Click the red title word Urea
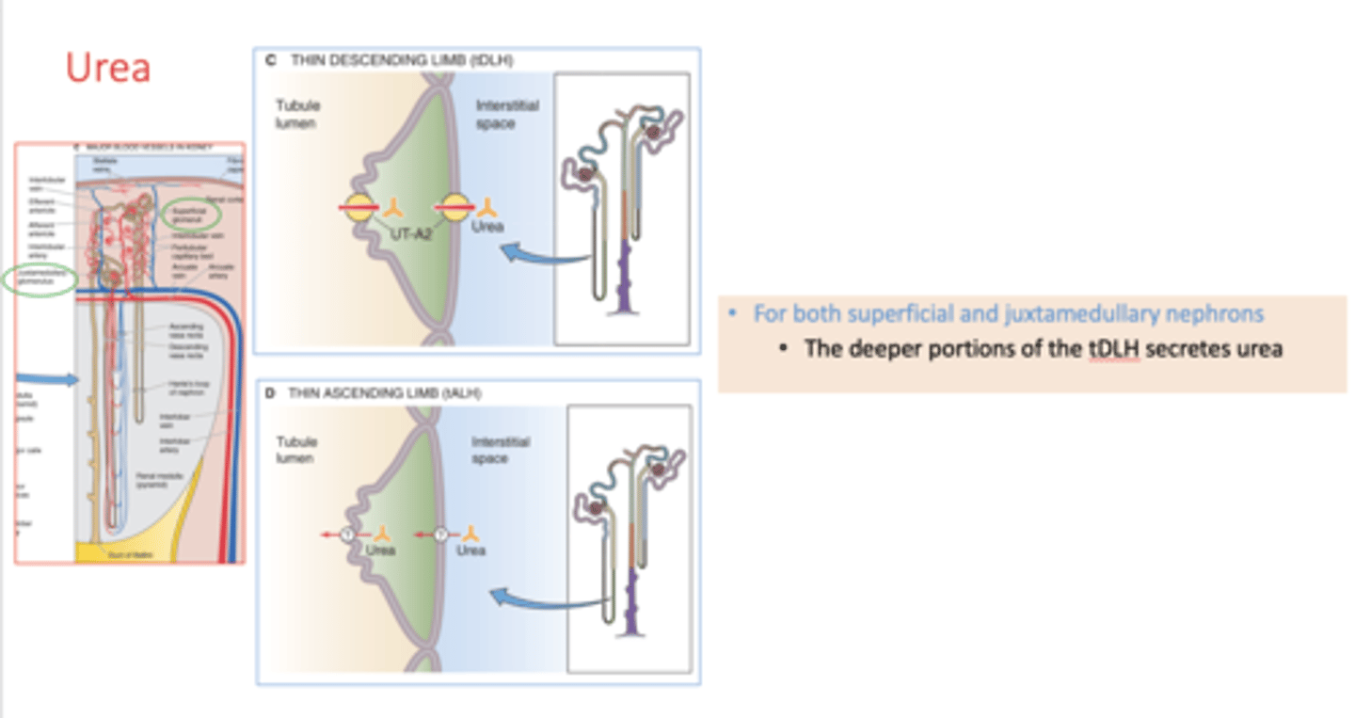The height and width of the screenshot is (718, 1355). (x=108, y=68)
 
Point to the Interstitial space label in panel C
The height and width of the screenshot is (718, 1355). (x=505, y=114)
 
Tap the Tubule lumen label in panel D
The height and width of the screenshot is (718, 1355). (x=296, y=450)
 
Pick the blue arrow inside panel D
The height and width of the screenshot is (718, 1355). (x=544, y=599)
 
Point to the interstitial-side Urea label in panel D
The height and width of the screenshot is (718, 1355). (x=470, y=550)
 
